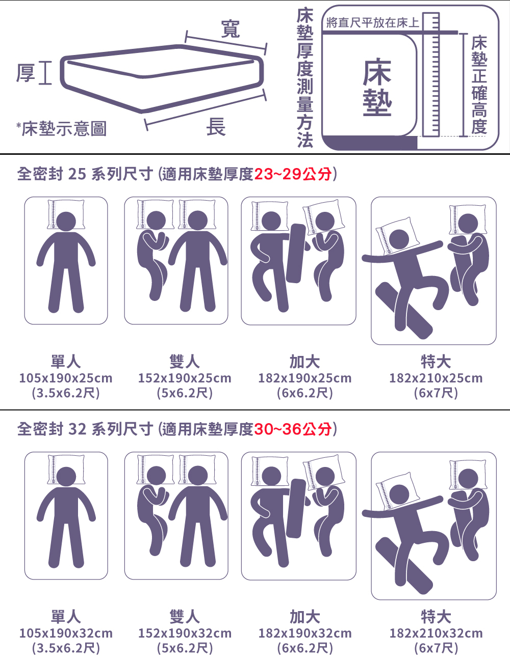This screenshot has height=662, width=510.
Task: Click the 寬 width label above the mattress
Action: [x=230, y=29]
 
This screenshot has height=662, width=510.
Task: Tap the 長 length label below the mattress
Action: [x=216, y=127]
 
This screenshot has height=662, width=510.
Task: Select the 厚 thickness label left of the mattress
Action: [x=25, y=73]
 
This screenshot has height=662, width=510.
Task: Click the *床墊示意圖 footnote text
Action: [x=61, y=128]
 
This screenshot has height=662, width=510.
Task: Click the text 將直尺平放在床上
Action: [x=372, y=22]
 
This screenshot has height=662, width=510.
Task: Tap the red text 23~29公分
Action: [x=293, y=174]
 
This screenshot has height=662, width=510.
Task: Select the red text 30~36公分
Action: [x=293, y=429]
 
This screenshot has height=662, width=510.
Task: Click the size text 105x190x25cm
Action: [x=66, y=378]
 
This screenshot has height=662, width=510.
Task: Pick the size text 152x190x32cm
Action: [x=185, y=633]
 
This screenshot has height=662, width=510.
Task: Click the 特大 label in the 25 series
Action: [x=436, y=362]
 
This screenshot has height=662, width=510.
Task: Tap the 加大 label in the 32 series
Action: [x=304, y=617]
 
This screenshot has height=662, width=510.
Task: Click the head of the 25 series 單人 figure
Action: [x=66, y=221]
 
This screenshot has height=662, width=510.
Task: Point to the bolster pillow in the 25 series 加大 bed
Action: [x=296, y=253]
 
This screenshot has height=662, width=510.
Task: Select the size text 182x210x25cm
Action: [x=436, y=378]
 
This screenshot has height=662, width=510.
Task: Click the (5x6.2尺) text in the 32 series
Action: [x=185, y=648]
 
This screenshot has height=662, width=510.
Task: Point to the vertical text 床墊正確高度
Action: [x=479, y=84]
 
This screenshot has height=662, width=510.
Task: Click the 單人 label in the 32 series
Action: [x=66, y=617]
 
